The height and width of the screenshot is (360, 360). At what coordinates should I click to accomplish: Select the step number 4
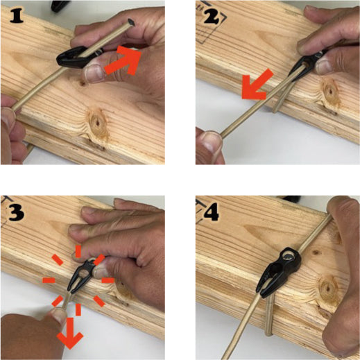212,212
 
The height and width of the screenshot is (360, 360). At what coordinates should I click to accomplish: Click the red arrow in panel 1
123,60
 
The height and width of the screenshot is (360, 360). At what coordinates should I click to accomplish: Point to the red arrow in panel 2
257,85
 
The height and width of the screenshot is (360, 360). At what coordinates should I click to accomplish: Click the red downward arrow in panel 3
70,333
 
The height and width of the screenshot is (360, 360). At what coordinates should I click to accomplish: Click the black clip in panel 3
81,275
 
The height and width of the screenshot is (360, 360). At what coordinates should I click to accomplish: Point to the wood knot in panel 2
329,91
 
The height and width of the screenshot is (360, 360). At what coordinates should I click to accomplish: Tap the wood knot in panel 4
327,289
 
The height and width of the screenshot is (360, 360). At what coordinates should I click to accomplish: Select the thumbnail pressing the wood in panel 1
94,73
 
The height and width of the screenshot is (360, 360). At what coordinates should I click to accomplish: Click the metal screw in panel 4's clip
288,256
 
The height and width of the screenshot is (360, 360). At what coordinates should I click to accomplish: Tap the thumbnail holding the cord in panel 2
212,140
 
